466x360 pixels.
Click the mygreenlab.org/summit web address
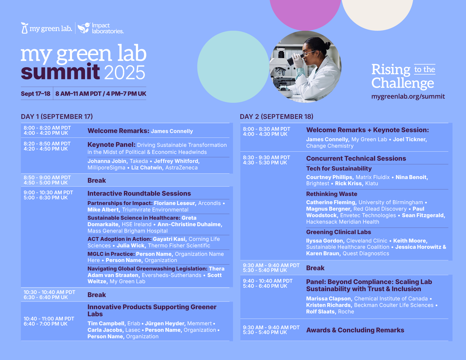408,97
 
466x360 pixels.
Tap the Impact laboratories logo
101,28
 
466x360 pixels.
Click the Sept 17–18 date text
35,94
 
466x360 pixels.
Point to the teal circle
233,67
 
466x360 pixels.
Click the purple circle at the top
305,13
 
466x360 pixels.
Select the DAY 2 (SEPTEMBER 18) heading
276,117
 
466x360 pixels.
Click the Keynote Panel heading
111,145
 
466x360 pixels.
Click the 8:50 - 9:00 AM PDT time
47,178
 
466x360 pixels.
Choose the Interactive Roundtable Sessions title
139,193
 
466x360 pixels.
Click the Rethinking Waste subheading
332,194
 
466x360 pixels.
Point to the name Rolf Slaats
321,311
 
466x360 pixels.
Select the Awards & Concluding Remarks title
355,330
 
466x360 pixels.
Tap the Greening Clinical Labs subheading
338,232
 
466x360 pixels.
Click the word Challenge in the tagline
402,83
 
